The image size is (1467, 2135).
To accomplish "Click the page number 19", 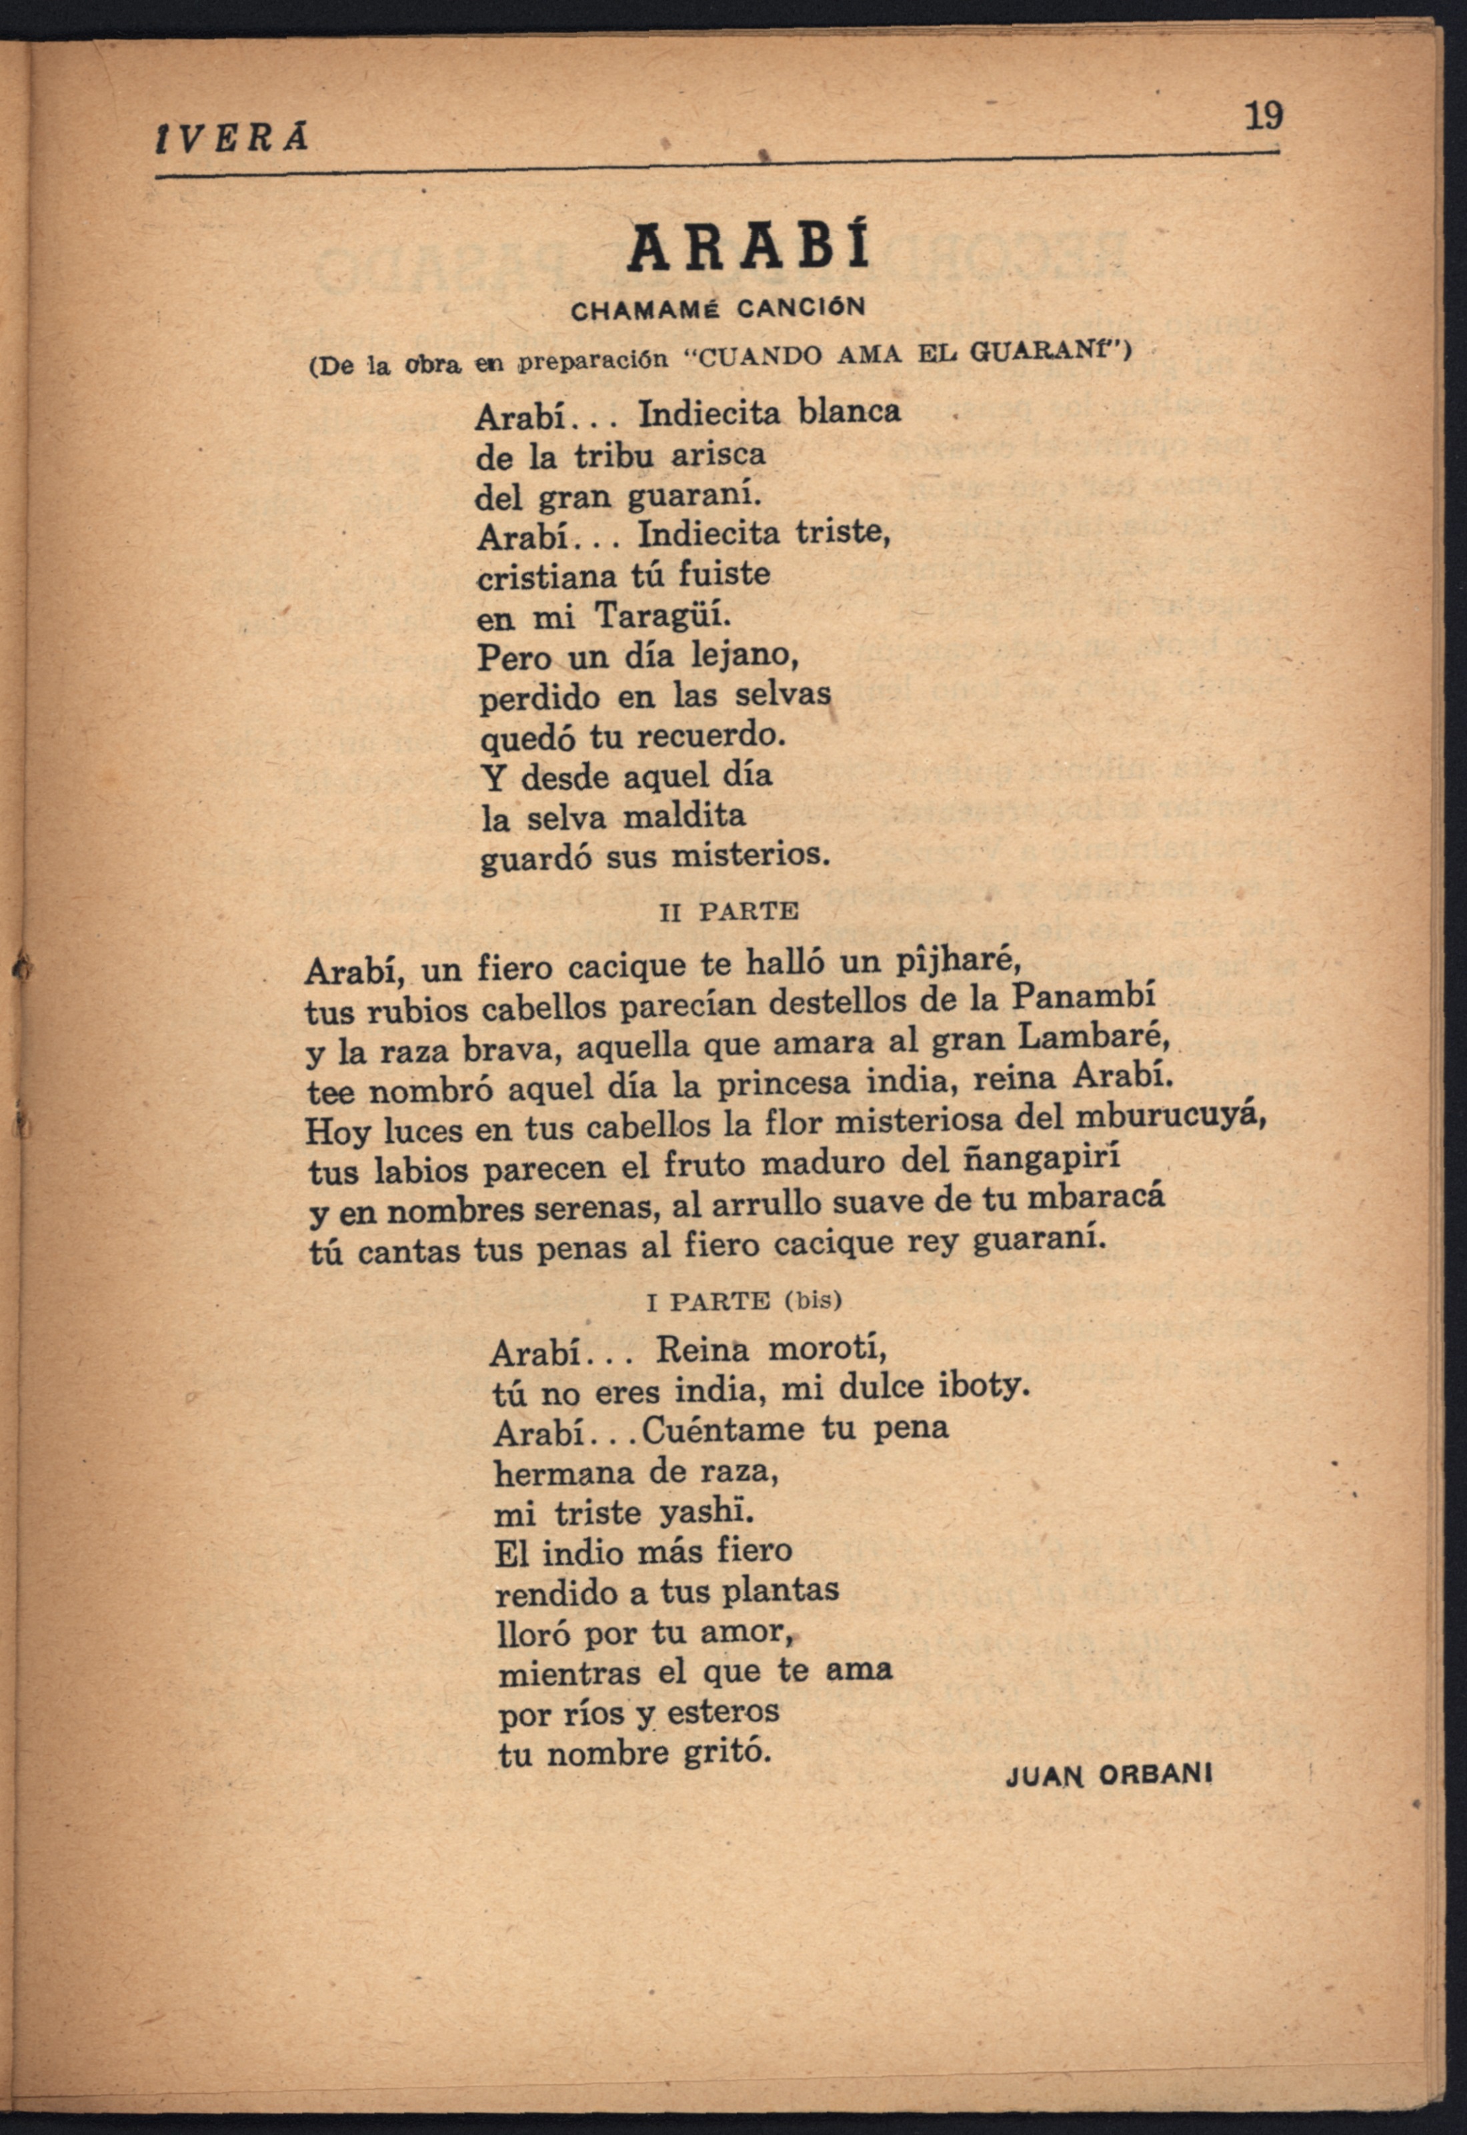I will click(1263, 117).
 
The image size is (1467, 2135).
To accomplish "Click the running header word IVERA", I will click(233, 138).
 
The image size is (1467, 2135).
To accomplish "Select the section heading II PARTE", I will click(729, 911).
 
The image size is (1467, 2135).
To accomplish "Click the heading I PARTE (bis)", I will click(745, 1301).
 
